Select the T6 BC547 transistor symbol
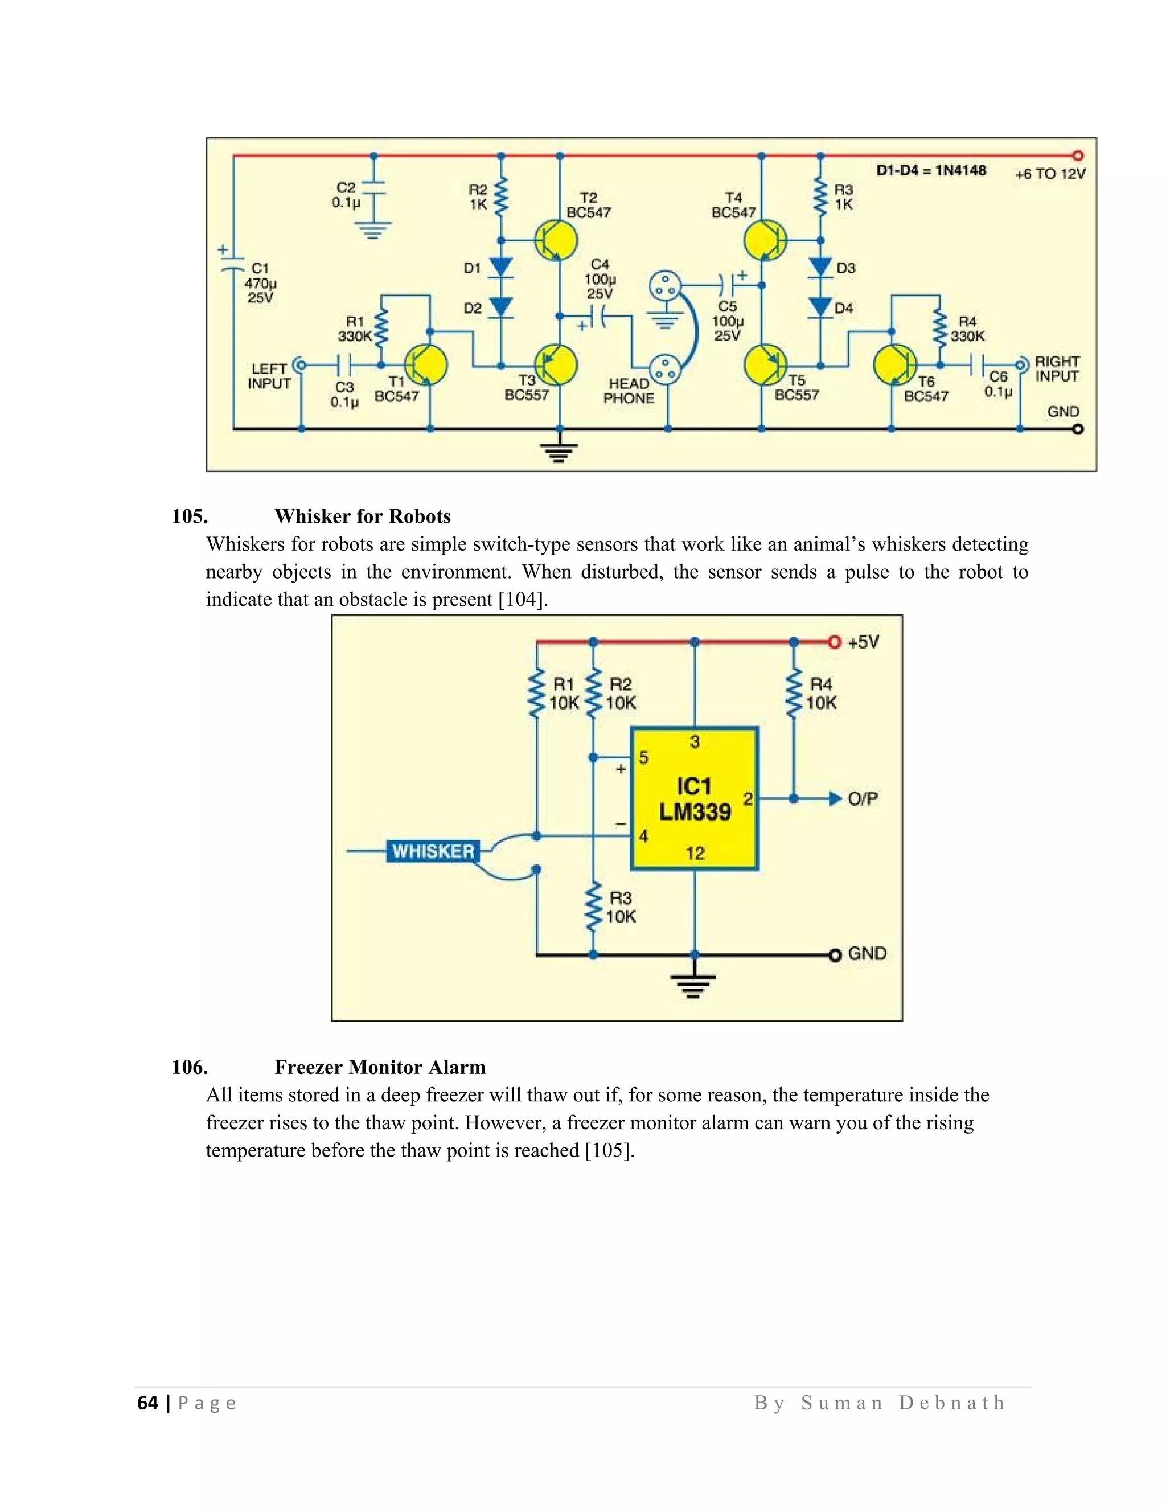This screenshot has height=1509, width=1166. [x=894, y=365]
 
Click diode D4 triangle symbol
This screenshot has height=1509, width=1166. [x=820, y=307]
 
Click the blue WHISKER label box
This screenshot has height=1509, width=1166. [x=433, y=851]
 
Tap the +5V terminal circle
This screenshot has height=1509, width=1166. [x=835, y=642]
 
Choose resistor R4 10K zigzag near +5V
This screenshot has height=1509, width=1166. [x=794, y=693]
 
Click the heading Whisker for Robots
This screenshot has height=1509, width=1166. [x=362, y=516]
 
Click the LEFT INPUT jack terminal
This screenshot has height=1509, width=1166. [x=301, y=364]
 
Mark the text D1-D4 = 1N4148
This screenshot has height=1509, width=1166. [x=930, y=170]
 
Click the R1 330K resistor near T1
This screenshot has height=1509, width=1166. [x=381, y=328]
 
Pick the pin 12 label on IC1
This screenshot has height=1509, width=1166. [x=695, y=854]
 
